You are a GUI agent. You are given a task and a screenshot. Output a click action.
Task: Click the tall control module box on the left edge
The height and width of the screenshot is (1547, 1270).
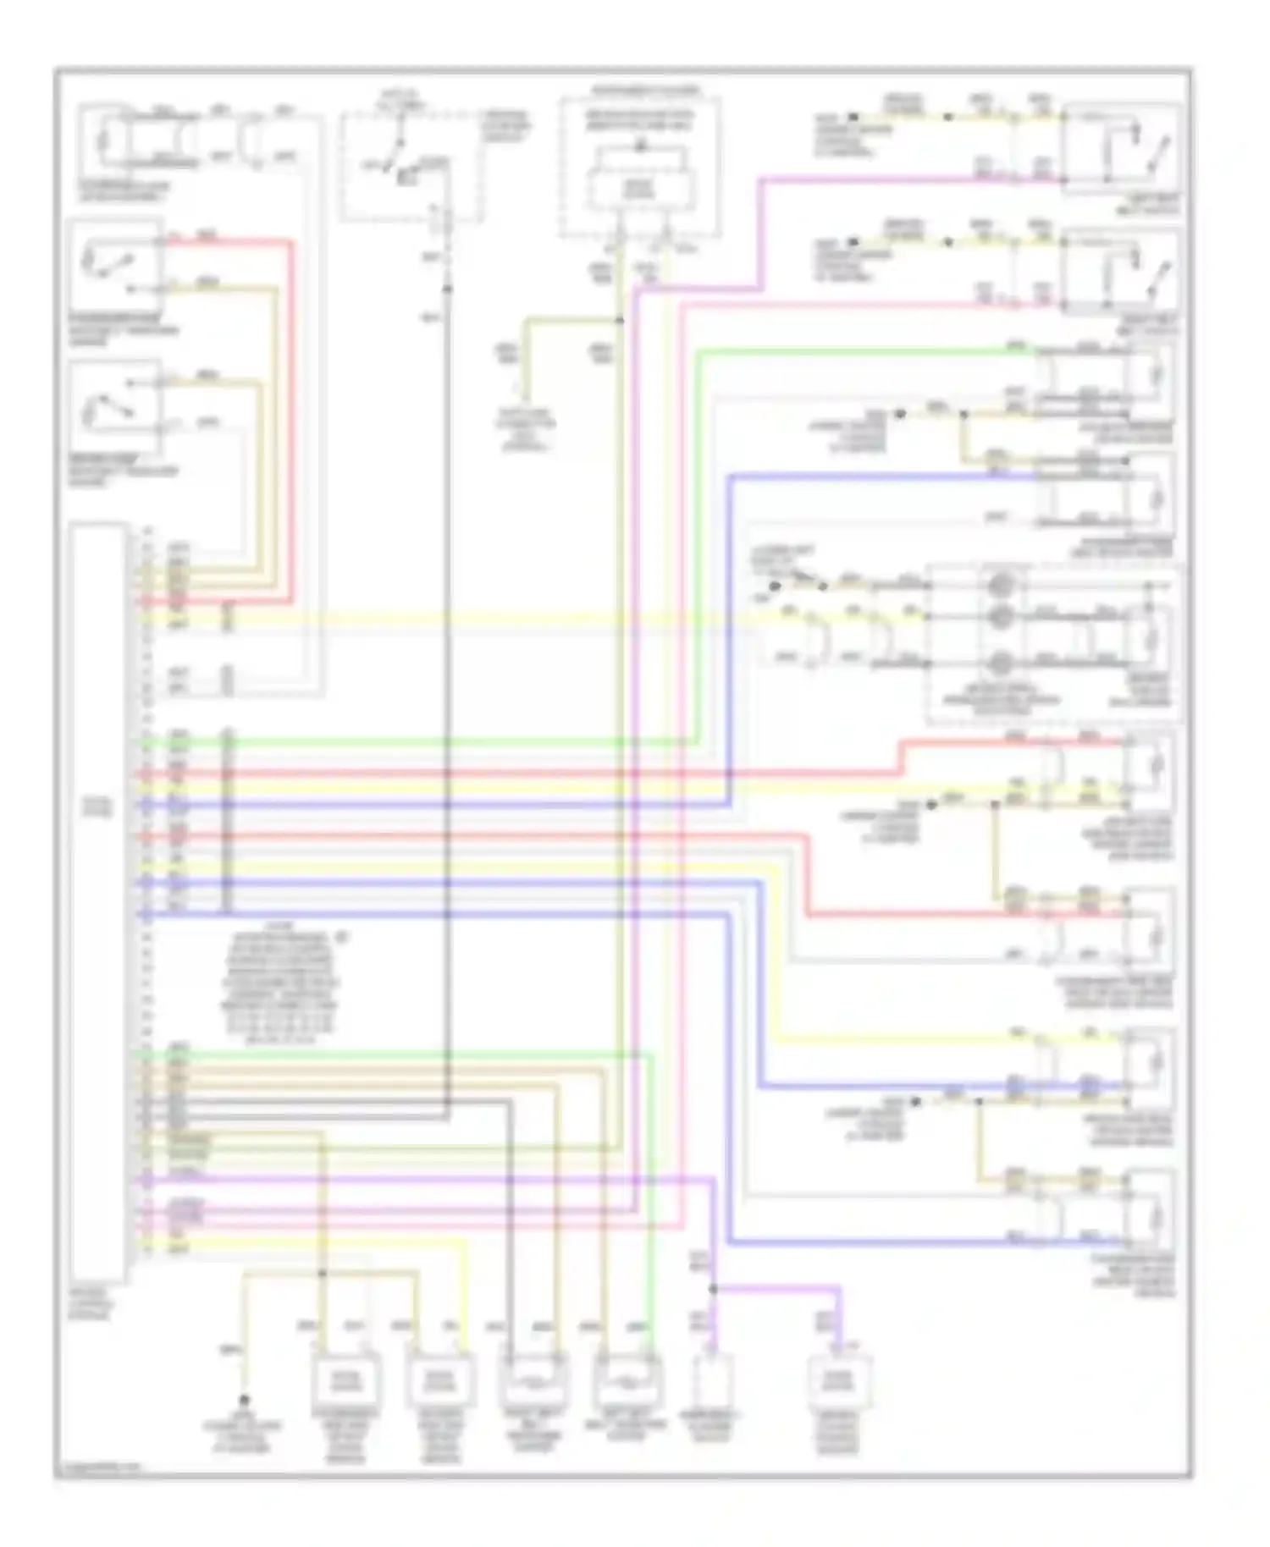(x=99, y=901)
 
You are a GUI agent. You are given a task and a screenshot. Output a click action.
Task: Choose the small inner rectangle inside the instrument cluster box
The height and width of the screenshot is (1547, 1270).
(x=640, y=185)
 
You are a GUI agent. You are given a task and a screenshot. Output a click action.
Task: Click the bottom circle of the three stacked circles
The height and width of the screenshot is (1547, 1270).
(x=1001, y=662)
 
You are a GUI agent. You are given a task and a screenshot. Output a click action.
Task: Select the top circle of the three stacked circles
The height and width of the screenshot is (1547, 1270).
(x=1001, y=584)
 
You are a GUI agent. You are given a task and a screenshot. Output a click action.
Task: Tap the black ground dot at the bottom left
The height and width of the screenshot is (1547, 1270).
(x=245, y=1400)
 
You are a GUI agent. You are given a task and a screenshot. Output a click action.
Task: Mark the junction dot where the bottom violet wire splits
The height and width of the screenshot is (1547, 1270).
(x=713, y=1289)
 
